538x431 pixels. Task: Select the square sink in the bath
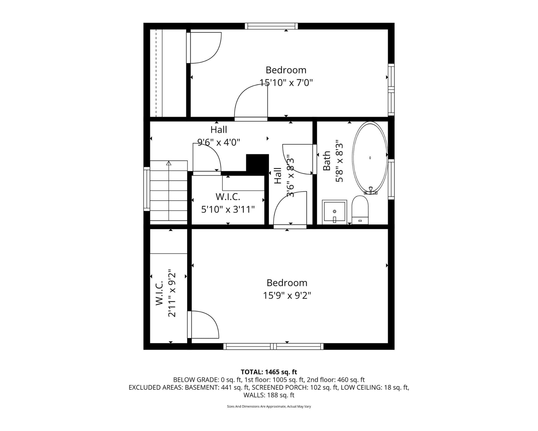click(334, 212)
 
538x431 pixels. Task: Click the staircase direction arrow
click(169, 164)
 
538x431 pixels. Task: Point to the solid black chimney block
click(257, 163)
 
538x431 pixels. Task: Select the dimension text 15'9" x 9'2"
click(287, 296)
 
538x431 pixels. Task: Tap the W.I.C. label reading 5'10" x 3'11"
click(228, 209)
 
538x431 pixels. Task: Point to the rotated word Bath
click(326, 161)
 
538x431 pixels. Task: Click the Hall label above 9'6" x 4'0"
click(218, 130)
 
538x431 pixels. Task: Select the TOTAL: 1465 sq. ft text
click(269, 372)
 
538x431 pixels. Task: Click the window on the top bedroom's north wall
click(271, 26)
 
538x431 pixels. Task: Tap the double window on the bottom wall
click(273, 346)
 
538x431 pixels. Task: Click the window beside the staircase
click(147, 189)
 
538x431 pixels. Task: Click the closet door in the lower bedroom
click(203, 325)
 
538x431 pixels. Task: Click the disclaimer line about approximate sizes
click(269, 406)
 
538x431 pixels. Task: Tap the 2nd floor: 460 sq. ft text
click(336, 380)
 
